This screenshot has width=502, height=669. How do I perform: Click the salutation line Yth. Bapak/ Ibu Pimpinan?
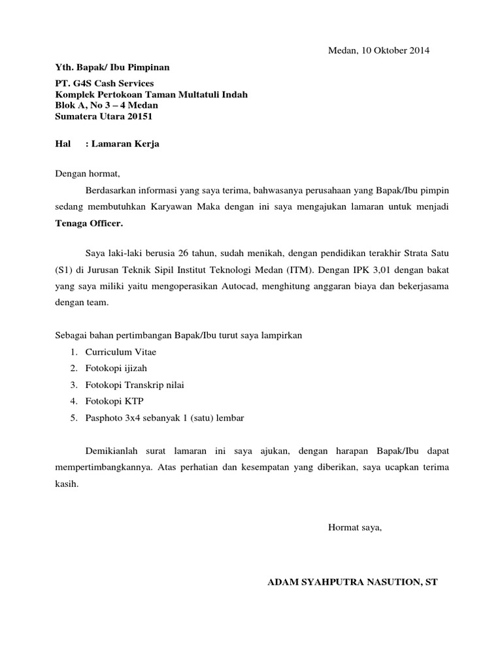coord(107,67)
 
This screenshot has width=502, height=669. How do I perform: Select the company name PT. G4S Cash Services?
coord(104,84)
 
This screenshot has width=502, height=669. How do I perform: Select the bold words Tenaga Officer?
coord(88,223)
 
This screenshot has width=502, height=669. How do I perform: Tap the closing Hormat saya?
coord(354,527)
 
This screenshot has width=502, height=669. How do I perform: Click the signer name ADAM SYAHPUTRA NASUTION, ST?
coord(353,581)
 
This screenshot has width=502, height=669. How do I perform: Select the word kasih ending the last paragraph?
coord(65,484)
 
